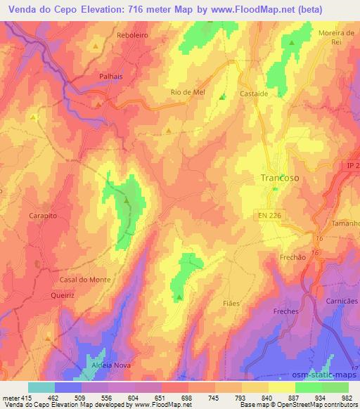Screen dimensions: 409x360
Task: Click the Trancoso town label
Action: pos(280,178)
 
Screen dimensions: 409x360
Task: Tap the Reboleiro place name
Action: pos(135,34)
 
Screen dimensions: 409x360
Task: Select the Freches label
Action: pos(286,311)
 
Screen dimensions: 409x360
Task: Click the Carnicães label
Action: pos(342,300)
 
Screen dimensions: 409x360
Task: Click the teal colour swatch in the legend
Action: pos(41,387)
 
